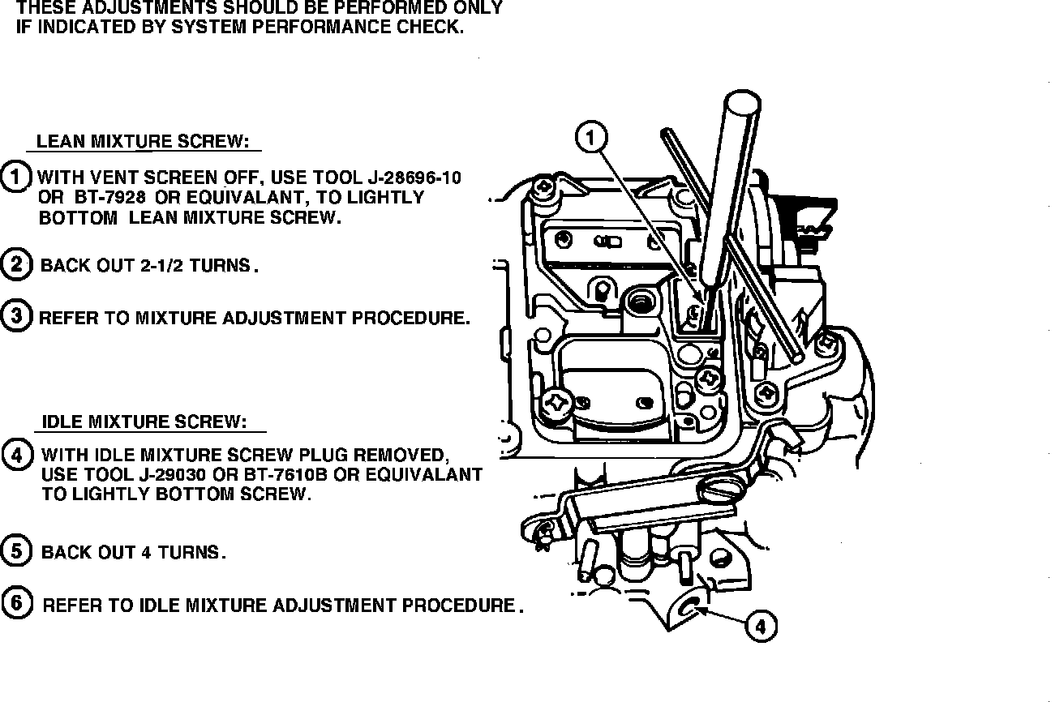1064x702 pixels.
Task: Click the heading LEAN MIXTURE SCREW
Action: click(143, 141)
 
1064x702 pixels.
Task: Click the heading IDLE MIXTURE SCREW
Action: click(144, 422)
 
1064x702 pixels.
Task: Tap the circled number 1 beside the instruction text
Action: click(15, 177)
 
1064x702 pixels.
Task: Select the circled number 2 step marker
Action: click(15, 264)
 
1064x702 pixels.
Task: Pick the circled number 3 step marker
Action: click(15, 315)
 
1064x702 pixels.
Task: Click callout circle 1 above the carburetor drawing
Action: click(590, 138)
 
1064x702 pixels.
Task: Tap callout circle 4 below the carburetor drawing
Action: click(760, 625)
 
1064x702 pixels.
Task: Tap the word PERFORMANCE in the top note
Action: click(324, 26)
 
